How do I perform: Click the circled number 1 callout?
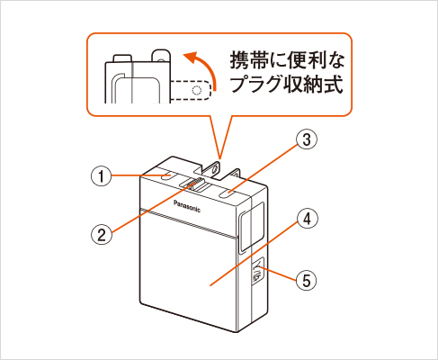101,175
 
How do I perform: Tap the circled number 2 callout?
102,234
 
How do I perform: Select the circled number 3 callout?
307,139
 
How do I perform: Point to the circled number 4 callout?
307,220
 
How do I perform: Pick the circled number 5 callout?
306,280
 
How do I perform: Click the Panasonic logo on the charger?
187,206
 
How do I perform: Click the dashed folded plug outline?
192,90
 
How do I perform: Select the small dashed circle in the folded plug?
196,90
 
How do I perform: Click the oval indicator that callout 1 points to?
165,176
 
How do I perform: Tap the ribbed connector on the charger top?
195,184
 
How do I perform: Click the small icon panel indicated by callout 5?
258,269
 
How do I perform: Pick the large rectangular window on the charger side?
251,227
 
